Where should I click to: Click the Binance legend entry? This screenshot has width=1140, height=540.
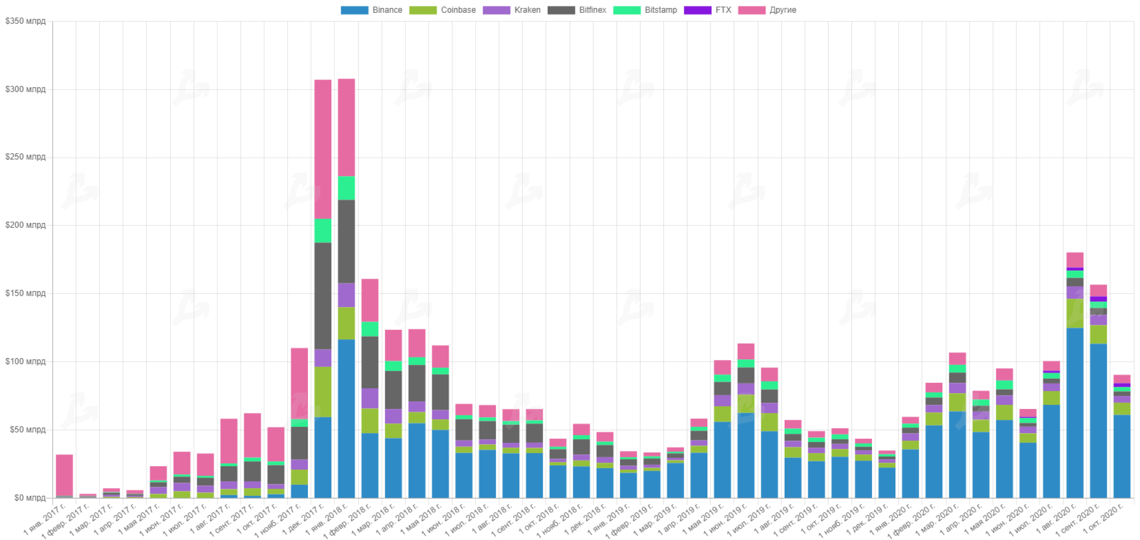click(372, 10)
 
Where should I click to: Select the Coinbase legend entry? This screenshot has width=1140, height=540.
click(442, 10)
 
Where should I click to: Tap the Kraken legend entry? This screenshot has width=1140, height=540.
click(511, 10)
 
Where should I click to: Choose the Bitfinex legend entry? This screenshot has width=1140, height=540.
click(577, 10)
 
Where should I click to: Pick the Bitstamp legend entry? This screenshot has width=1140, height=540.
click(645, 10)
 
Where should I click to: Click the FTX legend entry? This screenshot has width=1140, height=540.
click(707, 10)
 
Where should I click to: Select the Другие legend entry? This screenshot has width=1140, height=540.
click(767, 10)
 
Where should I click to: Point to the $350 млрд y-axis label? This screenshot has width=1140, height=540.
click(25, 21)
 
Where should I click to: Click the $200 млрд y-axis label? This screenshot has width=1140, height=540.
click(25, 225)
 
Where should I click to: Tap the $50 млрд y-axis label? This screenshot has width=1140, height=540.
click(28, 430)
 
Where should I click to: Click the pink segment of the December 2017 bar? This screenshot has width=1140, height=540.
click(323, 148)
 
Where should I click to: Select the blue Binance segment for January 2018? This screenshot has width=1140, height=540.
click(347, 418)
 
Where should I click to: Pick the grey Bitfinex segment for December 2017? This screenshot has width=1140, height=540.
click(323, 296)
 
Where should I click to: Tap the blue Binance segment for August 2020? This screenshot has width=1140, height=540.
click(1075, 413)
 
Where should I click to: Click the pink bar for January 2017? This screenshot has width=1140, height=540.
click(64, 475)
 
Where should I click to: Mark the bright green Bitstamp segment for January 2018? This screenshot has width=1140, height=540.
click(347, 188)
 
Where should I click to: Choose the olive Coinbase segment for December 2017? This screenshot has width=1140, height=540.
click(323, 392)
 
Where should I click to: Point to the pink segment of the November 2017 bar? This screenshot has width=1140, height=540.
click(300, 383)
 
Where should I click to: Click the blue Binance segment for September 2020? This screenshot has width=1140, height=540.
click(1098, 420)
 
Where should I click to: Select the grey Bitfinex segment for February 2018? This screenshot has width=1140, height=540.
click(370, 362)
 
